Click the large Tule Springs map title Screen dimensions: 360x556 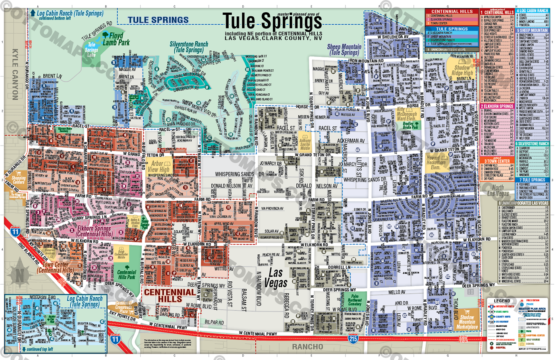coord(272,21)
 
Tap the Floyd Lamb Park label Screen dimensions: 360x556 coord(116,39)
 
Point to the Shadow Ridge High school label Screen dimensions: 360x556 coord(462,70)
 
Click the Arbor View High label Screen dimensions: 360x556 coord(160,166)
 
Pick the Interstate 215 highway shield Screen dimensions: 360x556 coord(353,339)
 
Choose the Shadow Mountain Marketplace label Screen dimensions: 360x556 coord(467,322)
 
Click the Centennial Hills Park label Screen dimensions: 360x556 coord(127,275)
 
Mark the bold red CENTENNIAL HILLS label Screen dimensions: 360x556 coord(170,295)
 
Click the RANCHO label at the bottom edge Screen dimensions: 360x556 coord(307,347)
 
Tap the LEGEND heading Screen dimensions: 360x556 coord(502,301)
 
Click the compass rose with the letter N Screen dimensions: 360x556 coord(19,275)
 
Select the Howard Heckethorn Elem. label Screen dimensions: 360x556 coord(436,163)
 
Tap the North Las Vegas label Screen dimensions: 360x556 coord(498,191)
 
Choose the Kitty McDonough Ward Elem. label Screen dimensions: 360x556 coord(406,114)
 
